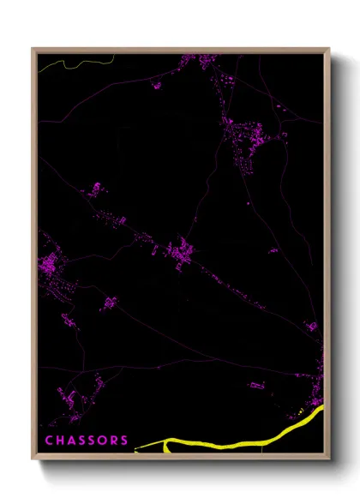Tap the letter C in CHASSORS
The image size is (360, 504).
coord(49,441)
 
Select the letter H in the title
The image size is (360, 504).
coord(60,441)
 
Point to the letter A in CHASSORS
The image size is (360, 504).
coord(71,441)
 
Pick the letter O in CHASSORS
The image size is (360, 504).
coord(103,441)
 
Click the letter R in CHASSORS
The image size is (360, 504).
coord(114,441)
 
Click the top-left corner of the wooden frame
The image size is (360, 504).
coord(32,49)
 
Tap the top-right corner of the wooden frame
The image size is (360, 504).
coord(329,49)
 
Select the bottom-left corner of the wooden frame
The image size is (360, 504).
coord(32,461)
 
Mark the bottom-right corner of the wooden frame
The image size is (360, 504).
coord(329,461)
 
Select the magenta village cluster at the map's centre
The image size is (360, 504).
coord(181,251)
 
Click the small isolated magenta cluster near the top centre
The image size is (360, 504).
coord(156,85)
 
